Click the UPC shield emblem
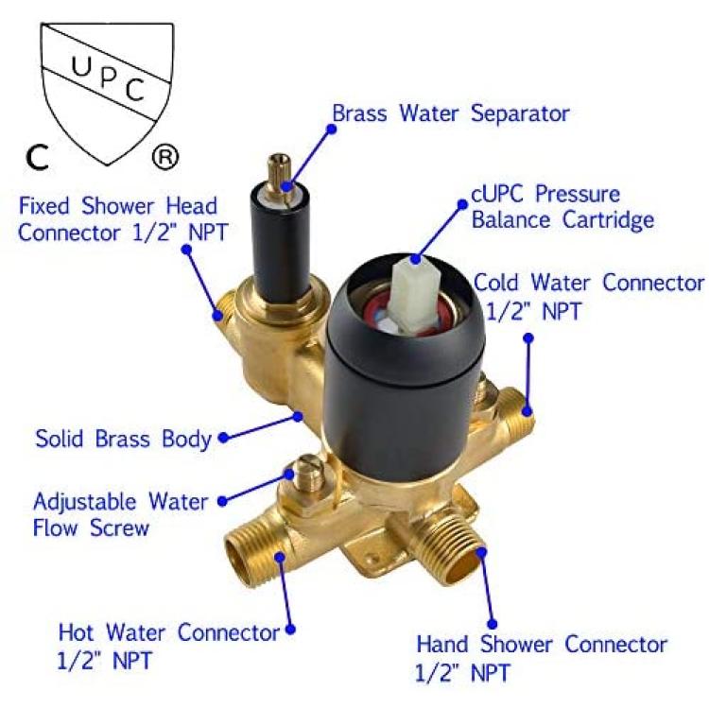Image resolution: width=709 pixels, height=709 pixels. click(107, 91)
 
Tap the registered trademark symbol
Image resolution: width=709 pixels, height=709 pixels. click(165, 157)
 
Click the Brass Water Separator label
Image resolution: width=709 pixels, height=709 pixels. click(451, 113)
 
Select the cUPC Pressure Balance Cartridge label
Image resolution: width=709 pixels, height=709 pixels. click(562, 207)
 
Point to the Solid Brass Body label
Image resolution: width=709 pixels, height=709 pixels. click(124, 439)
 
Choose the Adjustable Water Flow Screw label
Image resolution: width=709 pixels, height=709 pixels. click(120, 514)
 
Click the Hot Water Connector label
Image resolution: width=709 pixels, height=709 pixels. click(168, 646)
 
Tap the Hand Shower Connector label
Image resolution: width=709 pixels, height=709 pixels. click(541, 658)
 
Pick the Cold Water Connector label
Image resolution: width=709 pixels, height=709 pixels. click(589, 296)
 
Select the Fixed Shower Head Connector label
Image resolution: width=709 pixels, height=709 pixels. click(122, 219)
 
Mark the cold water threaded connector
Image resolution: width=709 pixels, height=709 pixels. click(515, 412)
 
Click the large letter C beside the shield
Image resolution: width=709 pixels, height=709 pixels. click(37, 157)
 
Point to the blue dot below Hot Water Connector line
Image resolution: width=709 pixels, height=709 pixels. click(291, 629)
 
